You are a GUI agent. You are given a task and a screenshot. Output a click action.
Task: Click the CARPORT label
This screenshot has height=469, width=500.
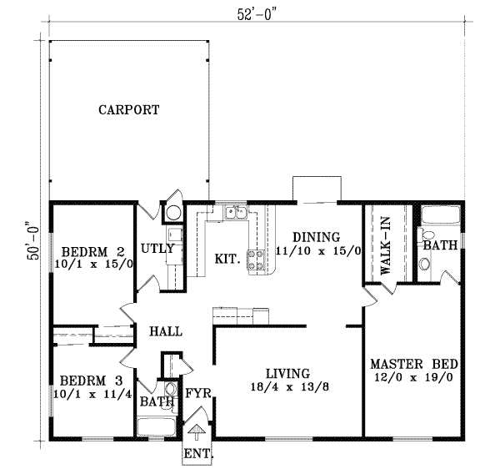point(127,109)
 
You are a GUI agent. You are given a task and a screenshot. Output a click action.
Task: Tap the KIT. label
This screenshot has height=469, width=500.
point(227,259)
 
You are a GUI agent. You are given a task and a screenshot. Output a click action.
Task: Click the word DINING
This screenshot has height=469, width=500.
point(316,235)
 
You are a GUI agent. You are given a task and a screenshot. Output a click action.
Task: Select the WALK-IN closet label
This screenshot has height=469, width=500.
point(386,254)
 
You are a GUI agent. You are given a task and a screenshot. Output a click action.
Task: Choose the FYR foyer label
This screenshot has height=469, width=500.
point(197,391)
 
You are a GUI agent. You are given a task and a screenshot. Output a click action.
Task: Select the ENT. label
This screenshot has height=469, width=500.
point(197,455)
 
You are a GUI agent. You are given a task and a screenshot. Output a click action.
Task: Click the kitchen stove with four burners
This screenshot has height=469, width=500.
point(258,260)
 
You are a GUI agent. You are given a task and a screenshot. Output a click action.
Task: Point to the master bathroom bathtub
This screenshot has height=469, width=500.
point(437,216)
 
